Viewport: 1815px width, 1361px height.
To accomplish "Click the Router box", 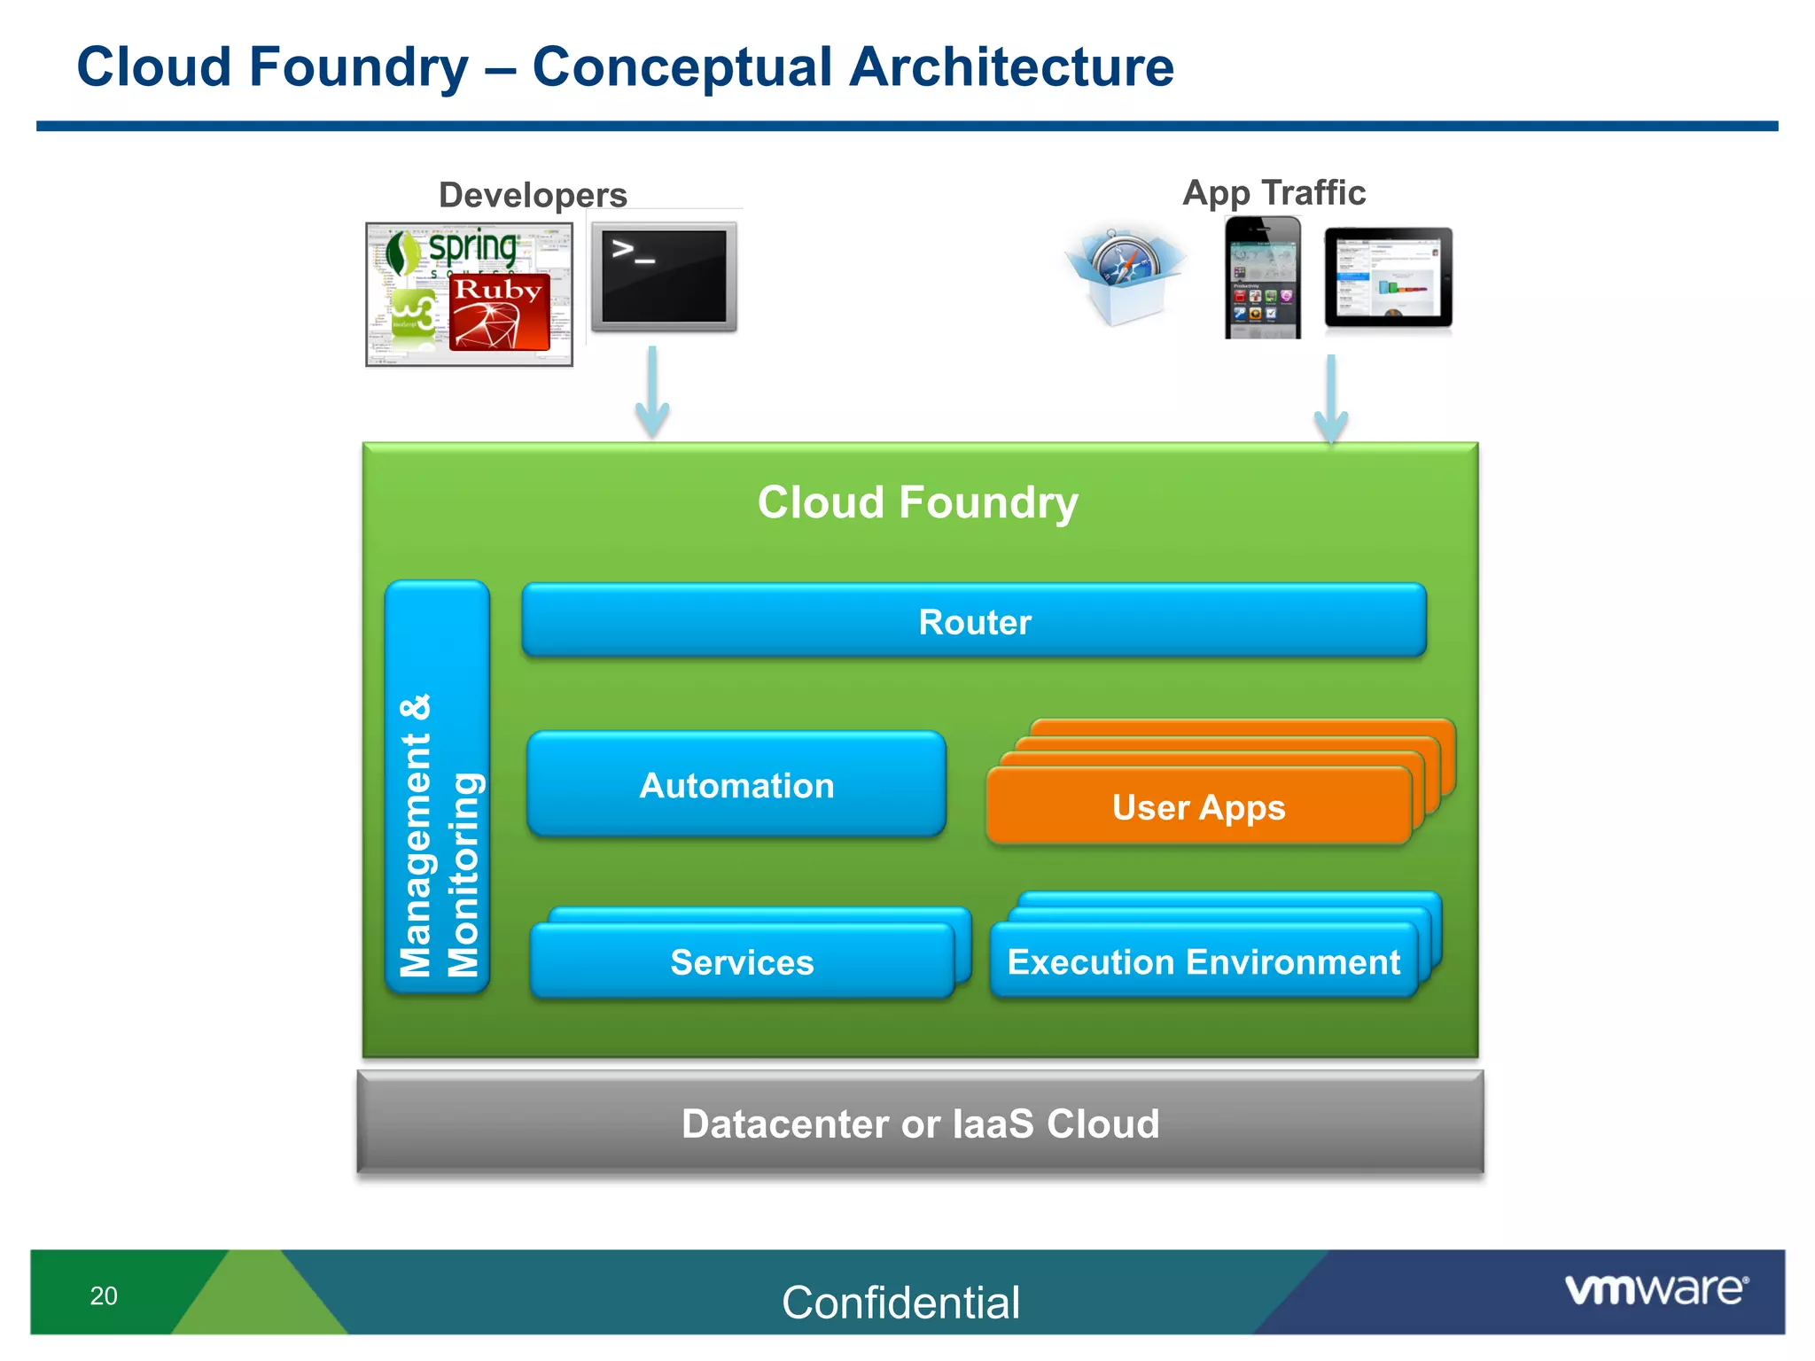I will [x=974, y=621].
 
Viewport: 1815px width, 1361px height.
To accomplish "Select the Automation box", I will [x=736, y=785].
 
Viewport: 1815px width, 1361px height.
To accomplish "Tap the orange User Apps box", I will [x=1198, y=806].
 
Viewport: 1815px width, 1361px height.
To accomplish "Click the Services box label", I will [x=742, y=962].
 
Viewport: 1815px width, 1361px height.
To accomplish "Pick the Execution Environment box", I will [x=1204, y=962].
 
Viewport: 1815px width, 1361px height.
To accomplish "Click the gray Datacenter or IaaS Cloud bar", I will [x=920, y=1124].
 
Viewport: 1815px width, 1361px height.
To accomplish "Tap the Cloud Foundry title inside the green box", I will [x=917, y=502].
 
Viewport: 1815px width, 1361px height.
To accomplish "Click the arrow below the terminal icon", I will [x=652, y=393].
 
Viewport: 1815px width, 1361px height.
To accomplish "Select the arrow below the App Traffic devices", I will [x=1331, y=401].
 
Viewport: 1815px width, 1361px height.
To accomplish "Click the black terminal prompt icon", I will [x=664, y=276].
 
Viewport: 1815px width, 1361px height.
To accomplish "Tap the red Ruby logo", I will [x=499, y=312].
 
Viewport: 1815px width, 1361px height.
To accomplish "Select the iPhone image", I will [x=1263, y=278].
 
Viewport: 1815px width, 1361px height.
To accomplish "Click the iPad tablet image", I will [x=1388, y=278].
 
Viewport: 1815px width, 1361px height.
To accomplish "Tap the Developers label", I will [x=533, y=195].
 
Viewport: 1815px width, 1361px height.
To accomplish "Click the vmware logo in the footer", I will [x=1655, y=1289].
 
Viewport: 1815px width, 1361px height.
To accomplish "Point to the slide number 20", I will [x=104, y=1296].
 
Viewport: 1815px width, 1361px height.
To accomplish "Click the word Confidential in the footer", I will [x=900, y=1303].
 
